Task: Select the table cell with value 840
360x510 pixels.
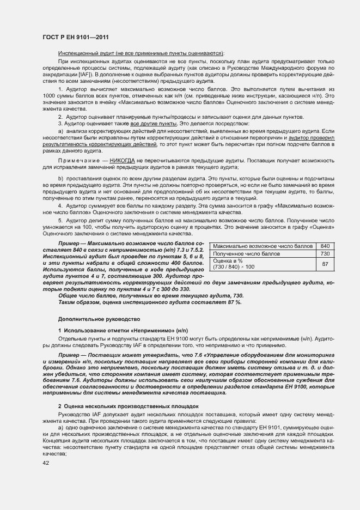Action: point(326,246)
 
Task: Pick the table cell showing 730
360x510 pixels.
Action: point(326,253)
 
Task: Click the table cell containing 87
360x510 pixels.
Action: point(326,264)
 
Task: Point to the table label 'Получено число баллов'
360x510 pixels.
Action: point(239,253)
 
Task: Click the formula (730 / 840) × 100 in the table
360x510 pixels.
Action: point(234,267)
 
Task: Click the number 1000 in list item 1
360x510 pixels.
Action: point(50,95)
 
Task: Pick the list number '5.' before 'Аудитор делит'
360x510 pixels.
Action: point(60,220)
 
